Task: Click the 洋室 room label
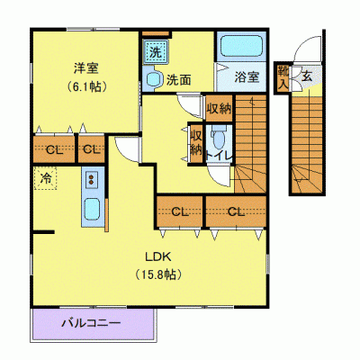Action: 85,67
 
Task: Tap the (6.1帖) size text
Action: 85,87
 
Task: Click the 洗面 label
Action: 178,79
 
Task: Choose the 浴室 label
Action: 247,77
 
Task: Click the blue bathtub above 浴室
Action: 240,48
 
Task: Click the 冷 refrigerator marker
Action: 45,177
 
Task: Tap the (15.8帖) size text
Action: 153,273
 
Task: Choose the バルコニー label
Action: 92,321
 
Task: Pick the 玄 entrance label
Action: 306,76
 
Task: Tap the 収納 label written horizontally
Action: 219,108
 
